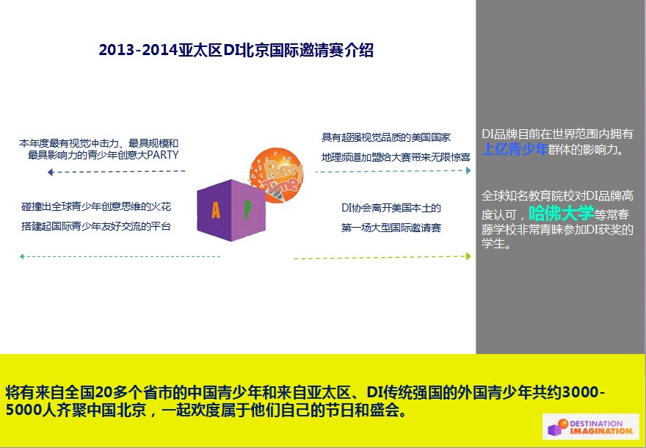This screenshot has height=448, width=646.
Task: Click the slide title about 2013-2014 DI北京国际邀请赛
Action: point(236,50)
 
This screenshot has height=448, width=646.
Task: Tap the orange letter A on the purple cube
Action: point(216,210)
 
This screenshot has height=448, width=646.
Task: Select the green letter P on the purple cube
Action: point(247,209)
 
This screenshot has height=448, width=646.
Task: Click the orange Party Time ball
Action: point(277,176)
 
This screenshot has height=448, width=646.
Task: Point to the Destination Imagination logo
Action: point(590,427)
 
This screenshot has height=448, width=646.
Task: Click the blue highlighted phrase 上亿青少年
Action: point(515,149)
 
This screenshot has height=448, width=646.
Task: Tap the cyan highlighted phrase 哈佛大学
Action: point(561,213)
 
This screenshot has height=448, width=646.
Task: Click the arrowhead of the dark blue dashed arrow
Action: point(50,172)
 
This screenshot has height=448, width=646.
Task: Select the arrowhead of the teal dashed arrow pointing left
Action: point(22,257)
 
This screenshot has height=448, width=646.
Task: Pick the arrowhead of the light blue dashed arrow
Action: point(468,170)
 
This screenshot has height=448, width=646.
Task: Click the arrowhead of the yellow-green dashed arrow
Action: point(468,256)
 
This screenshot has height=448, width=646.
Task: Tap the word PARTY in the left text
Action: point(163,155)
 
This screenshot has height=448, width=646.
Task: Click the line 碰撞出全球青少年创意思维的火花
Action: point(96,206)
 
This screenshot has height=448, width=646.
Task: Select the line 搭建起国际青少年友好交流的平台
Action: point(96,226)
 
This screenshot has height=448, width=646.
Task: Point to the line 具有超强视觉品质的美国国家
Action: point(386,137)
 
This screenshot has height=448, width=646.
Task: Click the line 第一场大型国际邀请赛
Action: point(391,228)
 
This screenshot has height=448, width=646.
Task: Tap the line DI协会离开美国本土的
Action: point(391,208)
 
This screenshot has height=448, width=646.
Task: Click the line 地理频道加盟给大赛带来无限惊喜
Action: point(396,157)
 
